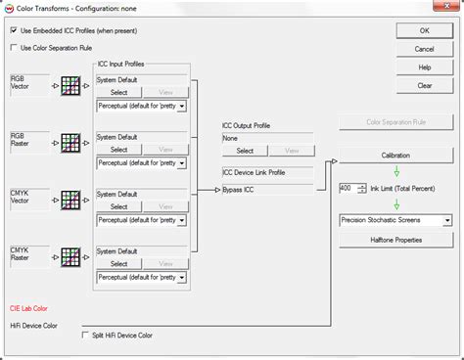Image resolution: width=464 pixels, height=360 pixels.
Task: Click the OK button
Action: (424, 30)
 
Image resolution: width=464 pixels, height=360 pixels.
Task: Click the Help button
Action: (424, 67)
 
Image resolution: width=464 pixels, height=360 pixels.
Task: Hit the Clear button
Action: (424, 85)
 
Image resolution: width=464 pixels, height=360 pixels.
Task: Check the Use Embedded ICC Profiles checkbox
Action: (14, 30)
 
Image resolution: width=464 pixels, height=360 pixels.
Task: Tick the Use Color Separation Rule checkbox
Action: (14, 46)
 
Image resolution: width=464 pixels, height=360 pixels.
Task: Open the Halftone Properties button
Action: (395, 239)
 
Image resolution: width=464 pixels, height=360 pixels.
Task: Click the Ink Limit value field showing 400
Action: (347, 188)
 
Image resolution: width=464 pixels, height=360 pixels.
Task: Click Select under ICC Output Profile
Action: (245, 151)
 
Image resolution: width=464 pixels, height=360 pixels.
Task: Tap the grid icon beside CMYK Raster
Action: (70, 257)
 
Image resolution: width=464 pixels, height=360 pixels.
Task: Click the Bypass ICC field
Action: (266, 190)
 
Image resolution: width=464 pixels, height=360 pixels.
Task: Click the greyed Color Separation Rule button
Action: (395, 122)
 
